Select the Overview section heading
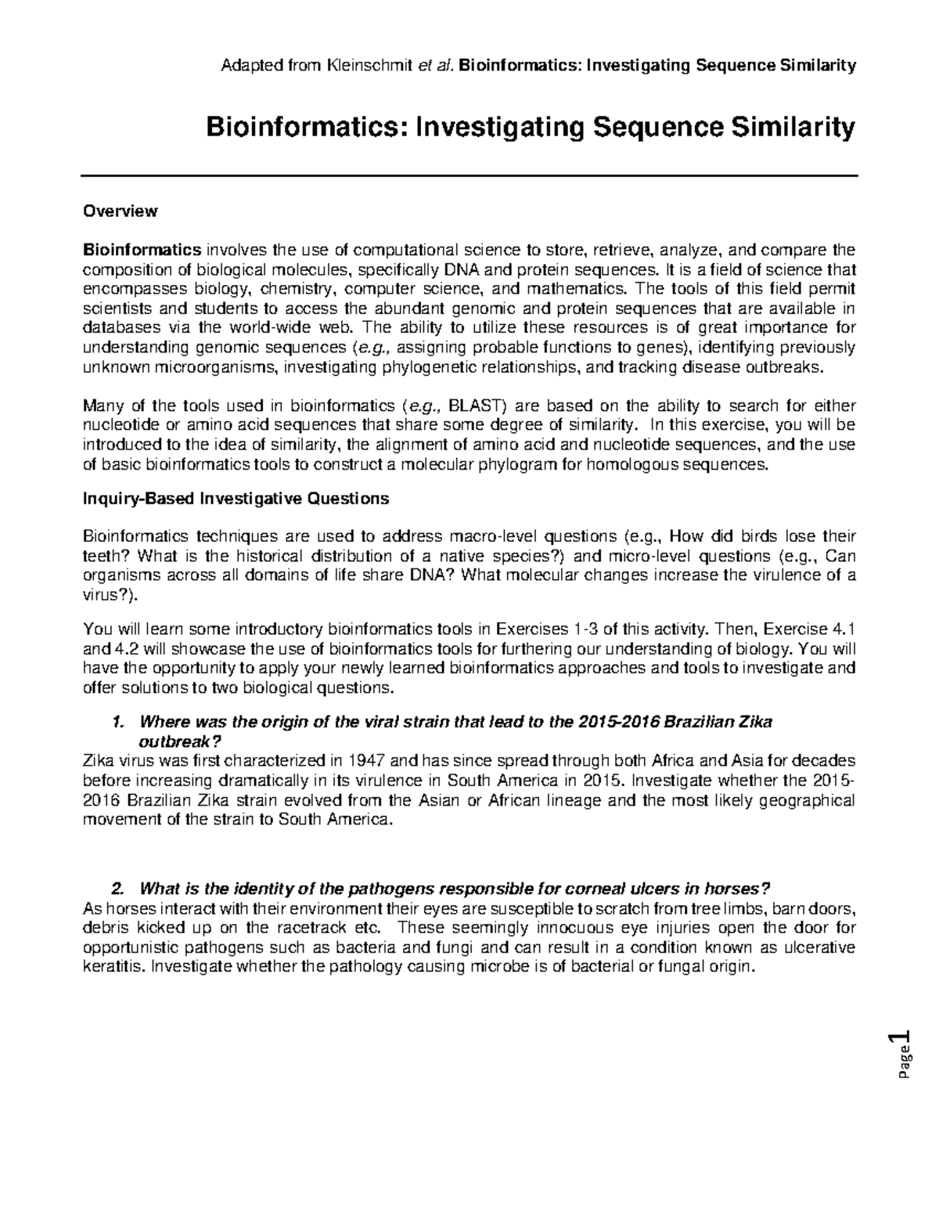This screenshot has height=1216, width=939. (x=121, y=211)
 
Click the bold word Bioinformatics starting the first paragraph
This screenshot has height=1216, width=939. (x=142, y=251)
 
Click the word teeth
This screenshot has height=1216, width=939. (x=101, y=557)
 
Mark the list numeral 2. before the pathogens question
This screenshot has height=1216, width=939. (x=118, y=889)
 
